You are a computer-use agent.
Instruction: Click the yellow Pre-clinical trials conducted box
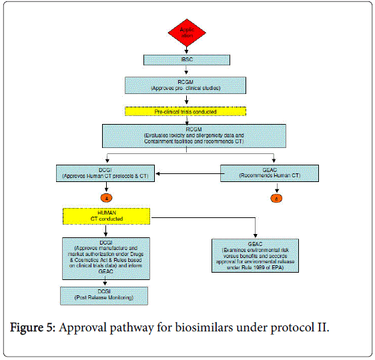185,111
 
